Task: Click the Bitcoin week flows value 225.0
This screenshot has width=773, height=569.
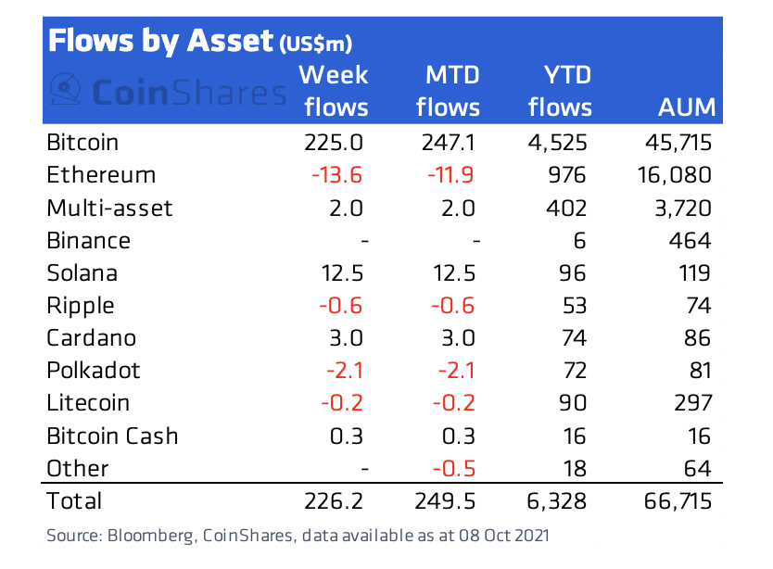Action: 334,143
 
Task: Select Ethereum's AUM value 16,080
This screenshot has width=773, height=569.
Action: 675,175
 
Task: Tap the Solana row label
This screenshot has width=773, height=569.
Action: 82,273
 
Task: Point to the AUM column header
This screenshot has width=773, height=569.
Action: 687,107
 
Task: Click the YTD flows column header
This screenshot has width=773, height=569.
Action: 560,91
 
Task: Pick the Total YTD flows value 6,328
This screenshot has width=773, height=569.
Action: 557,501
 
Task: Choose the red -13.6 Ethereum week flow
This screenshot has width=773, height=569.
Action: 336,175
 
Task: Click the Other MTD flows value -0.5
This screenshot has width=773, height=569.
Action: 454,468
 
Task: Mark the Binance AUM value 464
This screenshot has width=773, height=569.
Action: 691,241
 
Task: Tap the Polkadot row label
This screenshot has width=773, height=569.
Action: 94,371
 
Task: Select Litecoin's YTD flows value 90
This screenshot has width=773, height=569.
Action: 573,403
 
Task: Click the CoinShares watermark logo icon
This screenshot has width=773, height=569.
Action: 65,89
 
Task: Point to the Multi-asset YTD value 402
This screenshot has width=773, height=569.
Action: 566,209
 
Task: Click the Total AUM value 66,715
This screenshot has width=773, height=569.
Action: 678,501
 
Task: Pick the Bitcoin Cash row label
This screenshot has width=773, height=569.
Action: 112,436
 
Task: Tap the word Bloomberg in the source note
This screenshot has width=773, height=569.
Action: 151,536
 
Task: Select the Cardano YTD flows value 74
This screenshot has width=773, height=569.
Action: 574,338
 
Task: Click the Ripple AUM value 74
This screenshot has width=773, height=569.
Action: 699,306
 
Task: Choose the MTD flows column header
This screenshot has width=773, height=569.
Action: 448,91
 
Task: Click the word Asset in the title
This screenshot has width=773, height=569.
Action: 230,41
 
